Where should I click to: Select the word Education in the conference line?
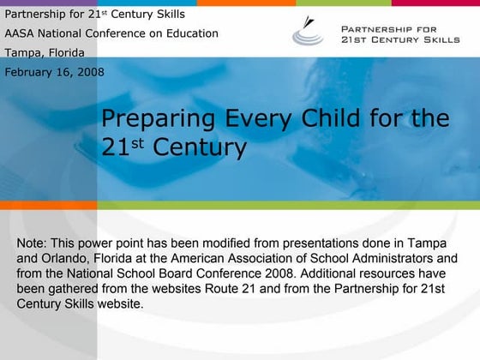pyautogui.click(x=190, y=33)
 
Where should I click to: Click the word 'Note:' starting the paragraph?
pyautogui.click(x=33, y=244)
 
